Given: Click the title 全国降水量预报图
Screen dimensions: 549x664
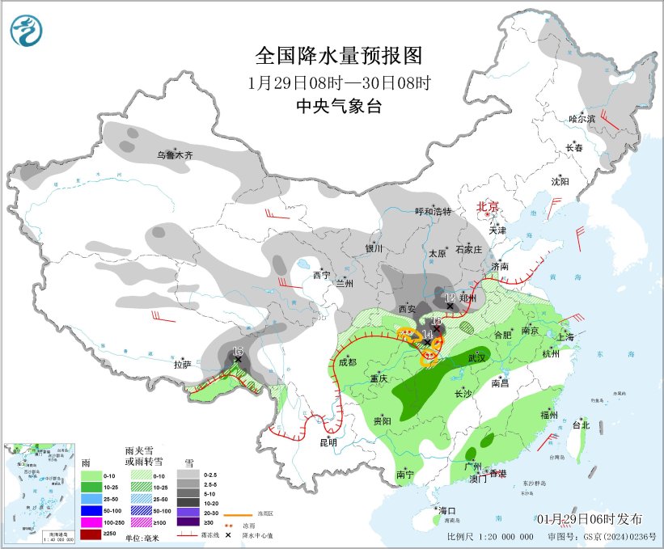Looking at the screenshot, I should pos(339,56).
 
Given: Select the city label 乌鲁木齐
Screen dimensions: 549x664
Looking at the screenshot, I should pos(176,154).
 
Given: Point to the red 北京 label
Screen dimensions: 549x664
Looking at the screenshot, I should pos(488,206).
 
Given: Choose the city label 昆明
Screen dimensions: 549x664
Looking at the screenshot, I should pos(328,442).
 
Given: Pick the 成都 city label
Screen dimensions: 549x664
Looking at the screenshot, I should pos(347,362).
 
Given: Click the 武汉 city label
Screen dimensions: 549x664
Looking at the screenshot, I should pos(477,357).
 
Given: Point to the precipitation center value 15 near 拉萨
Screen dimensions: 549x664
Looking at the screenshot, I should pos(237,351).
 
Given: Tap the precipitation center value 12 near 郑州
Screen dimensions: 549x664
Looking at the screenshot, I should pos(450,298).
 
